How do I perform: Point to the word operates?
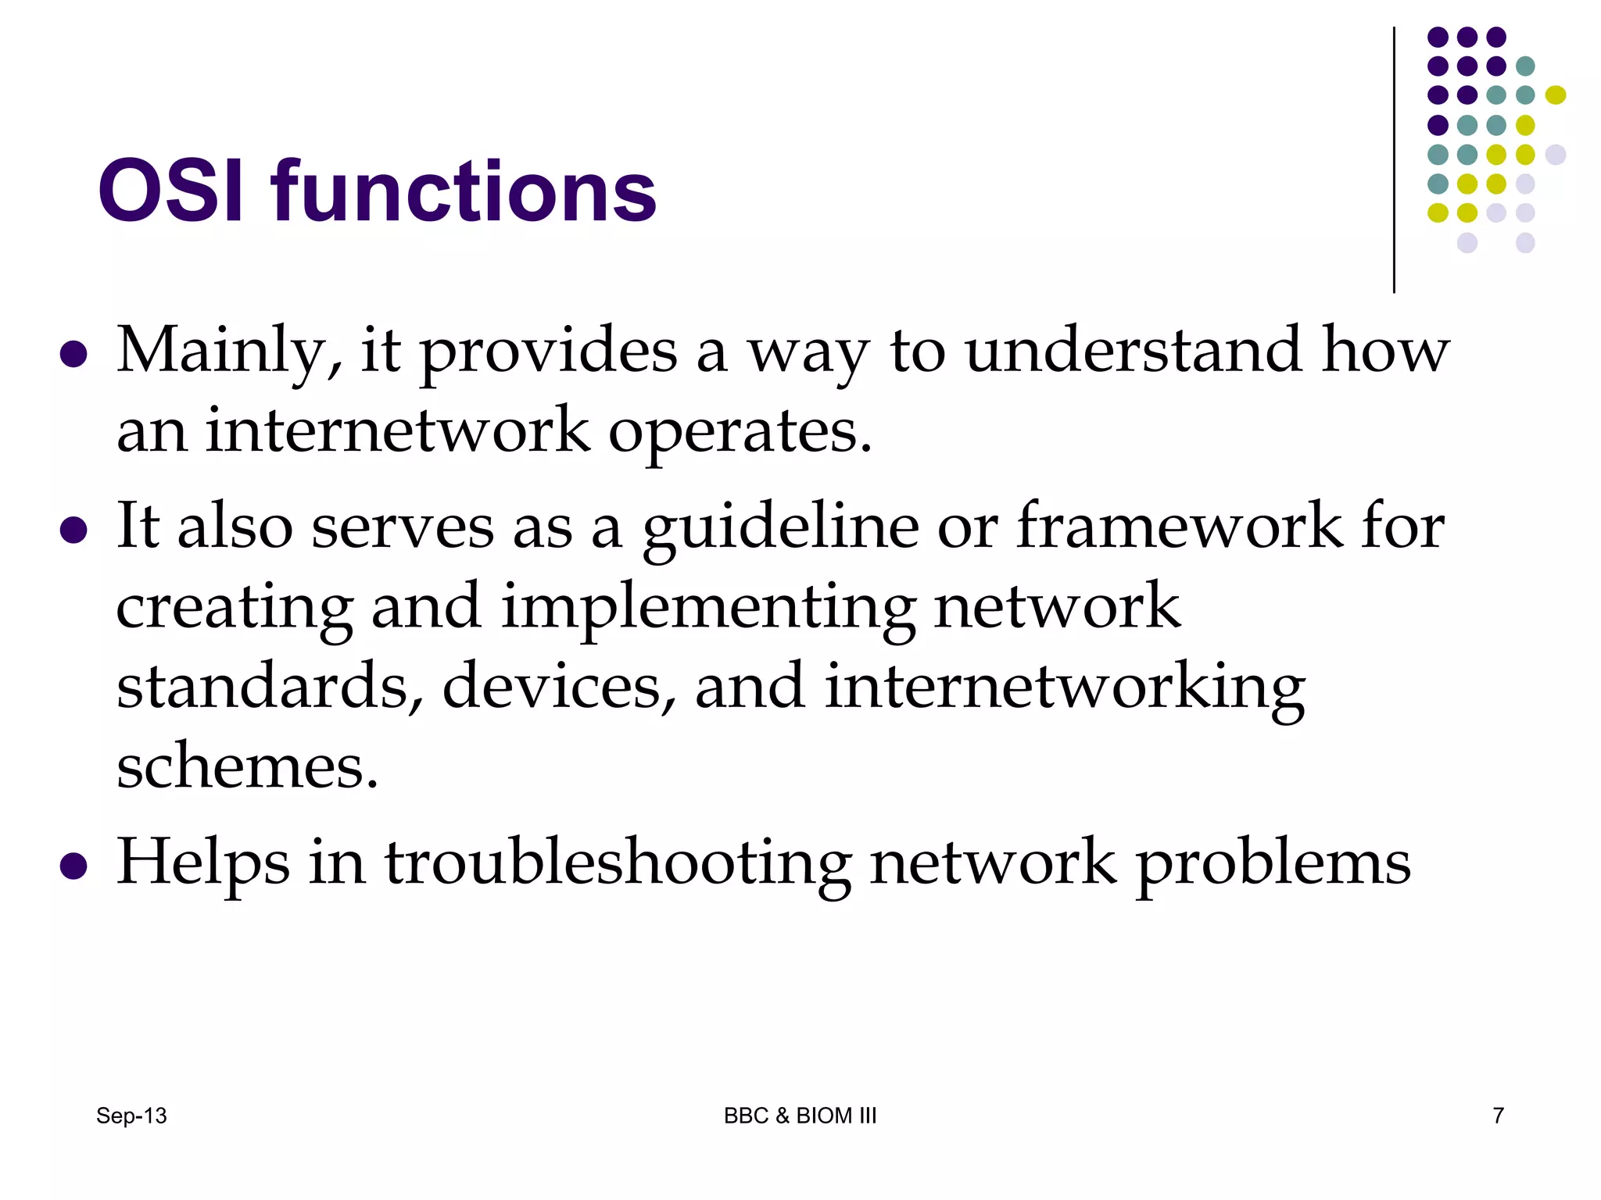pyautogui.click(x=740, y=432)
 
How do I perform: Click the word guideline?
pyautogui.click(x=781, y=528)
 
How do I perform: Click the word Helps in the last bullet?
pyautogui.click(x=203, y=864)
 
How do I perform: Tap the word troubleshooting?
pyautogui.click(x=618, y=864)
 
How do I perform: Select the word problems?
pyautogui.click(x=1273, y=864)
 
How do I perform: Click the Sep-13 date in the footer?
pyautogui.click(x=131, y=1116)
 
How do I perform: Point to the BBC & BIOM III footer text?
pyautogui.click(x=800, y=1116)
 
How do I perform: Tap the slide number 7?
pyautogui.click(x=1498, y=1116)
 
